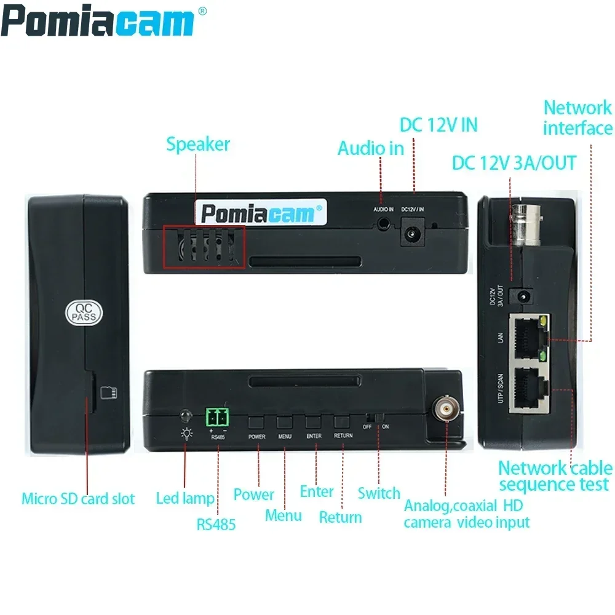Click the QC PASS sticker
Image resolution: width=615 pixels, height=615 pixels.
(85, 313)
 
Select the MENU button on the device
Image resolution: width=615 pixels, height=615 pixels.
(285, 422)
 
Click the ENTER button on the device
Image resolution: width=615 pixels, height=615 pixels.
(314, 422)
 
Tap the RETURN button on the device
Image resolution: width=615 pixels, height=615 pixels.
(343, 422)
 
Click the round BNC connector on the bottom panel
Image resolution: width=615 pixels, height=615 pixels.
(445, 408)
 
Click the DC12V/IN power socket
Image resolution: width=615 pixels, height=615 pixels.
(413, 234)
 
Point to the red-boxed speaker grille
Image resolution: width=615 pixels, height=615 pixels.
(204, 247)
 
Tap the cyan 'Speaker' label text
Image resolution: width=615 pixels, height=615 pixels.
(198, 145)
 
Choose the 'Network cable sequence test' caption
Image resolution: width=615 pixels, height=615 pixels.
(554, 476)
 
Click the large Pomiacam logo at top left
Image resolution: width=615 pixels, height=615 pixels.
(98, 23)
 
